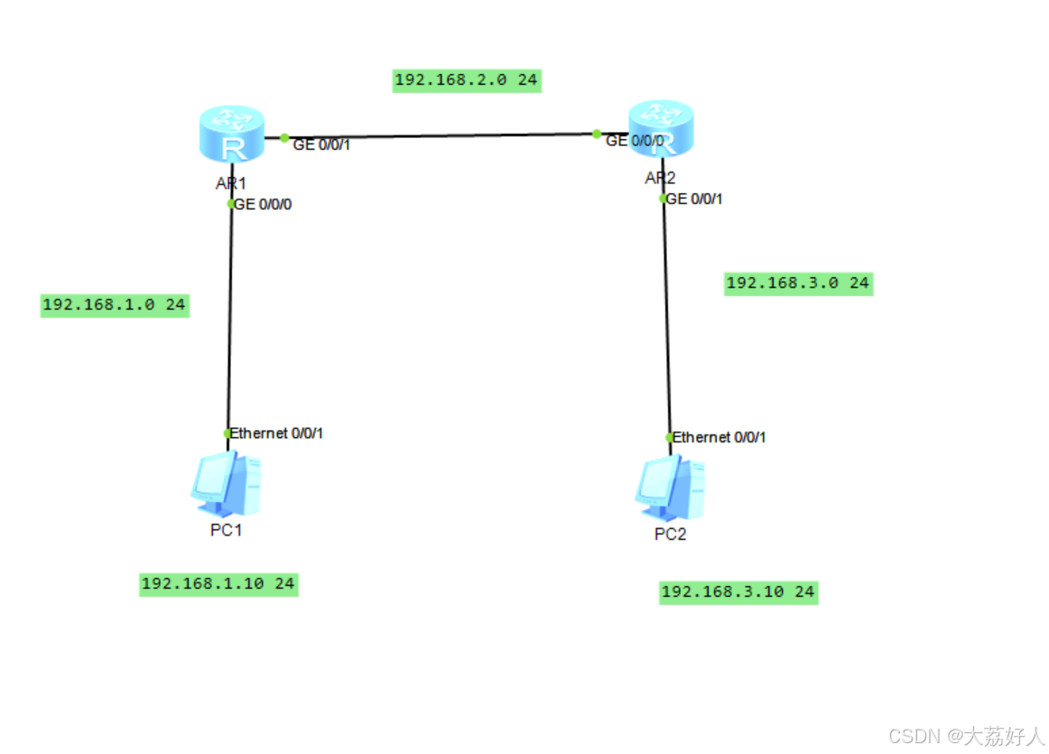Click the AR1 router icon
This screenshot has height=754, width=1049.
232,135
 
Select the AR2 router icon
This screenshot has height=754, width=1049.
662,128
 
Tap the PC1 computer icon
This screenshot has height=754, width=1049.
226,482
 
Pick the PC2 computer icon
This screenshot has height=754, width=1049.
671,486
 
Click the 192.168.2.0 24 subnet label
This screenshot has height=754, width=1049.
466,80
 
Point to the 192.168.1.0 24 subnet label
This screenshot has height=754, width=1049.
114,305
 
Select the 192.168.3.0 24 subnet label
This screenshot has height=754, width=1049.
798,284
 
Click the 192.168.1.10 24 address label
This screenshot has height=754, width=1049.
218,584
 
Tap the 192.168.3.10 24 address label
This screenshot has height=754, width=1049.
738,592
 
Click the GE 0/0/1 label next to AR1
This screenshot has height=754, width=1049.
320,144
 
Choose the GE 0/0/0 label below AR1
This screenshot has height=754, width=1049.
263,204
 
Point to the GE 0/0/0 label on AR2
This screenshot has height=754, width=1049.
635,141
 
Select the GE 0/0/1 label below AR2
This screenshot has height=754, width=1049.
694,200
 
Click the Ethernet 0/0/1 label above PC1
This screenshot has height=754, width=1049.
276,433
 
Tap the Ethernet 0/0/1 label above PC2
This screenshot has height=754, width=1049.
719,437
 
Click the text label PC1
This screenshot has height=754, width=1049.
227,530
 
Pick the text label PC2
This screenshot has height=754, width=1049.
671,535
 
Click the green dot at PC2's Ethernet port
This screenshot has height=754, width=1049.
670,437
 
